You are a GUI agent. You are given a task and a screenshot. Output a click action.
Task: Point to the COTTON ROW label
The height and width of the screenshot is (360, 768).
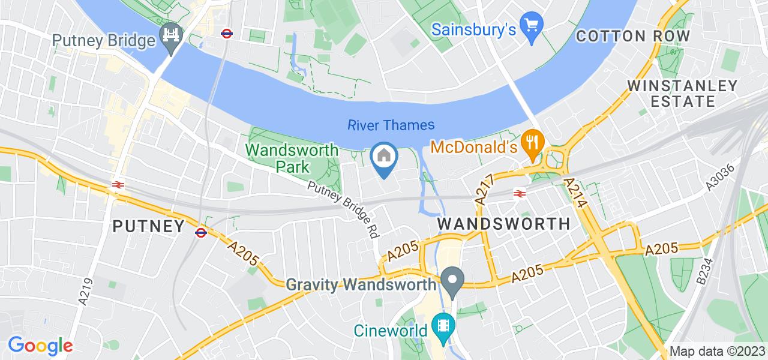[633, 36]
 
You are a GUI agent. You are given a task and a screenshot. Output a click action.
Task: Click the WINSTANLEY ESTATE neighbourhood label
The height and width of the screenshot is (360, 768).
[682, 93]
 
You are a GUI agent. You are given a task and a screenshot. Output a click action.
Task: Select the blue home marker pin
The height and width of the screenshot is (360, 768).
[384, 158]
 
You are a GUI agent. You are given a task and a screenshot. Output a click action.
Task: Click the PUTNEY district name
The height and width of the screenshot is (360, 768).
[149, 226]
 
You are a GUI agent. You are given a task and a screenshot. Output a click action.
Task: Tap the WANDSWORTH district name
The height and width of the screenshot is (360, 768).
[504, 224]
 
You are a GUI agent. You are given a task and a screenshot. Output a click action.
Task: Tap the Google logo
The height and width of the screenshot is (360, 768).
[40, 346]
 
